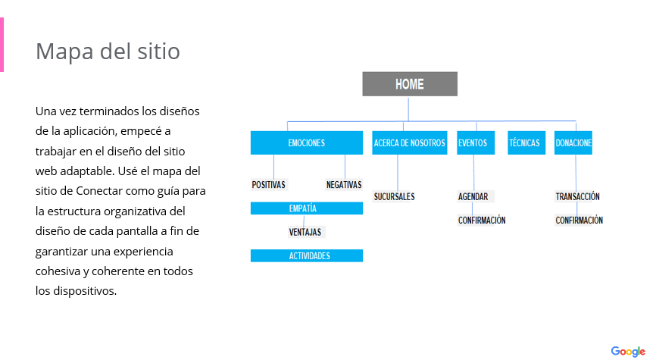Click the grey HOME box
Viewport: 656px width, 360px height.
coord(410,83)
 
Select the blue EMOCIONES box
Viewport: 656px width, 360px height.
coord(307,142)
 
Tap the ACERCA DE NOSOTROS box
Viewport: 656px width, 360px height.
coord(410,142)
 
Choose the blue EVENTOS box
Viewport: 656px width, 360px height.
coord(476,142)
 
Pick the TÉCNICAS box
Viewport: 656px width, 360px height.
coord(526,142)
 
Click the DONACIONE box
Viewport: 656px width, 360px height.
coord(573,142)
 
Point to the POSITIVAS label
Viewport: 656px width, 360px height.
coord(269,185)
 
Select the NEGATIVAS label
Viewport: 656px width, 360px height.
coord(344,185)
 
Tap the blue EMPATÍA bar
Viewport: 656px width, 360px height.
coord(307,208)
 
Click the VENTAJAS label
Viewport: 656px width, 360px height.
coord(305,232)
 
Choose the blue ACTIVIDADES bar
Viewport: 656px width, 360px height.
coord(307,255)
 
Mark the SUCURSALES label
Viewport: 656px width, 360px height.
coord(394,197)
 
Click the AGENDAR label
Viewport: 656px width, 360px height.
coord(473,197)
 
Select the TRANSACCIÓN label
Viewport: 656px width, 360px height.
coord(577,197)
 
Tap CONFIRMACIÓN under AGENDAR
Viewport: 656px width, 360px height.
coord(482,221)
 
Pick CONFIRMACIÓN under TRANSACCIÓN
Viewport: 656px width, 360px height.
coord(579,221)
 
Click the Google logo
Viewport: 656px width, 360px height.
coord(628,352)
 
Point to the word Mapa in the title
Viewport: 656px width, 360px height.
coord(64,52)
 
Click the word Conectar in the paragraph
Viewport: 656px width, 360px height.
coord(99,191)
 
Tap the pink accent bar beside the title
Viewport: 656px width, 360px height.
coord(2,45)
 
